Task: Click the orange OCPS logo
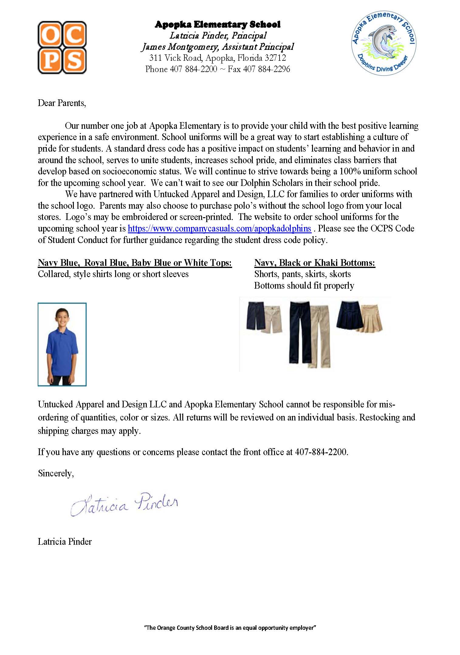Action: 62,47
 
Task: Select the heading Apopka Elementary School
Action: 218,24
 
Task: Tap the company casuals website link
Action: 219,228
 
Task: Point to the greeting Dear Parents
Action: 62,103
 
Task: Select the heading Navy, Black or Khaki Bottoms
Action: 314,263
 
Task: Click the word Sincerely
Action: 56,473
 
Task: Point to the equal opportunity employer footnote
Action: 230,628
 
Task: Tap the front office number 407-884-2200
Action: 321,452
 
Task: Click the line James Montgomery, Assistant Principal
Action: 218,47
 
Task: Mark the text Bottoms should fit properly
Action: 304,286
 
